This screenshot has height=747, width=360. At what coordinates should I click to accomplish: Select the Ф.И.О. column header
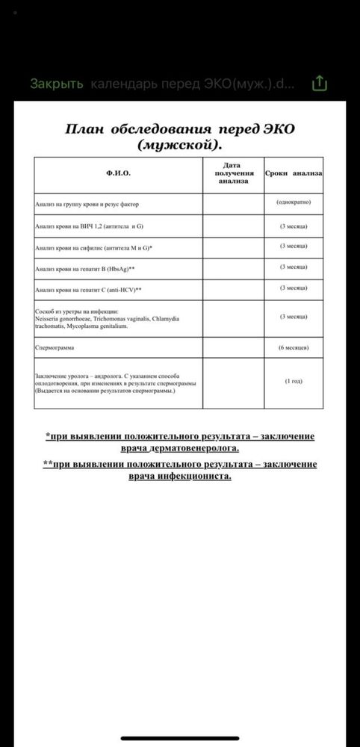[x=118, y=173]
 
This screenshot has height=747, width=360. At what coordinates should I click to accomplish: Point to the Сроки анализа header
[x=293, y=173]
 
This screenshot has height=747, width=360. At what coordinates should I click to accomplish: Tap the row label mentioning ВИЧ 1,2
[x=88, y=225]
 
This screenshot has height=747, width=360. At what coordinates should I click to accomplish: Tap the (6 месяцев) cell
[x=293, y=347]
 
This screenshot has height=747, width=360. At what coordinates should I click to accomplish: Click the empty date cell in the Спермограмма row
[x=232, y=347]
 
